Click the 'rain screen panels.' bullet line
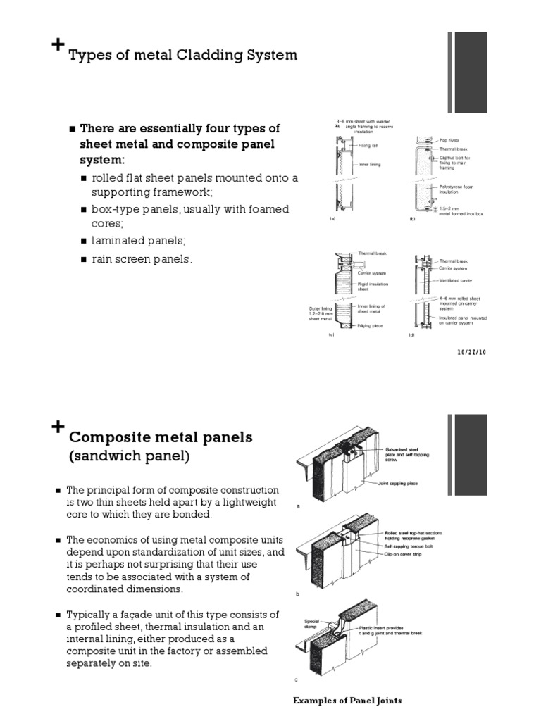click(141, 259)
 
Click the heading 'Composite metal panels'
click(160, 437)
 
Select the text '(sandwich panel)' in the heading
click(129, 457)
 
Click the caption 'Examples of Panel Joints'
click(347, 701)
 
